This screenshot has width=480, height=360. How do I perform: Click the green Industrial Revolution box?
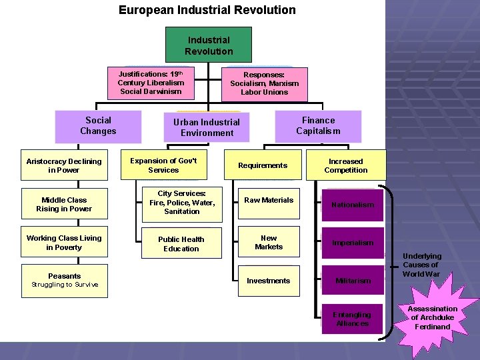209,45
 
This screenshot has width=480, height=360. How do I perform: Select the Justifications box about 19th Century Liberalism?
151,83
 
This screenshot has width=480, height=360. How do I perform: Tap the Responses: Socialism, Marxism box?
264,83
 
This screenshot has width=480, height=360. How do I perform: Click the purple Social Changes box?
98,126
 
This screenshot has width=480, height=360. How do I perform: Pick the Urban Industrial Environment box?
207,127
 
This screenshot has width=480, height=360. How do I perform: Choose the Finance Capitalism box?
318,125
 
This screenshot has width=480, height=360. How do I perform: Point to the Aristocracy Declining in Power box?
64,165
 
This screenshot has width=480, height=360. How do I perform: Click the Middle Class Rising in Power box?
64,204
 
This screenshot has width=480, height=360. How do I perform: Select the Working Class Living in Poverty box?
64,243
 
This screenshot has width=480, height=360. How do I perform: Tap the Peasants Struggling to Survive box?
64,280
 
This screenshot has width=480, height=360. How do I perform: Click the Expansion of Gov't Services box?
163,165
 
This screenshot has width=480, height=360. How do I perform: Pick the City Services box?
181,203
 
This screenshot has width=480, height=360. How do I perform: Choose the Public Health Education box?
181,244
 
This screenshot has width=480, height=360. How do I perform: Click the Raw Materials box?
269,201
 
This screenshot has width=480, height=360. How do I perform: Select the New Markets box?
269,243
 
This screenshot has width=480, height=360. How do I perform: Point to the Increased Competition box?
345,165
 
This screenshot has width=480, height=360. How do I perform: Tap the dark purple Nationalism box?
353,205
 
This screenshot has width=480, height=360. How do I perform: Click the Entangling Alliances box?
352,319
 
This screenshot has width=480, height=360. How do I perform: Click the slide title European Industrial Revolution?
207,10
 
